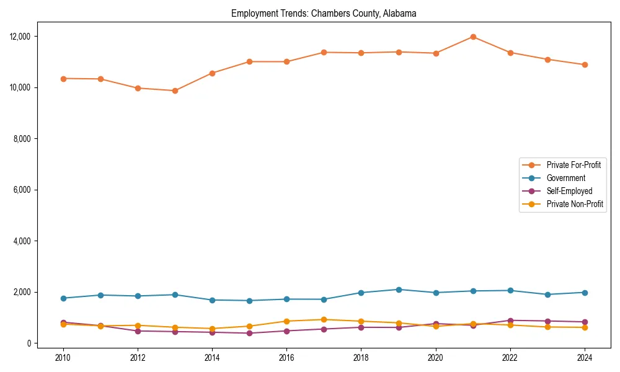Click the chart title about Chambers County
tap(324, 13)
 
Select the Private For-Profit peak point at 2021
tap(473, 37)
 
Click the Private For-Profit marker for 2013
tap(175, 91)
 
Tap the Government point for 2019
tap(399, 290)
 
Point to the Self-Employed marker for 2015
tap(249, 333)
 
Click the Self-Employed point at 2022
tap(510, 321)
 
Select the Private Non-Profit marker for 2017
tap(324, 320)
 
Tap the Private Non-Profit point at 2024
tap(585, 327)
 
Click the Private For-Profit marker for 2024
tap(585, 64)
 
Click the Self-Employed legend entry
tap(569, 191)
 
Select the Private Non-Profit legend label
tap(575, 204)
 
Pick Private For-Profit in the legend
tap(575, 165)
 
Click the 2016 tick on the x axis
tap(286, 358)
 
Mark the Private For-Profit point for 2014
tap(212, 73)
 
